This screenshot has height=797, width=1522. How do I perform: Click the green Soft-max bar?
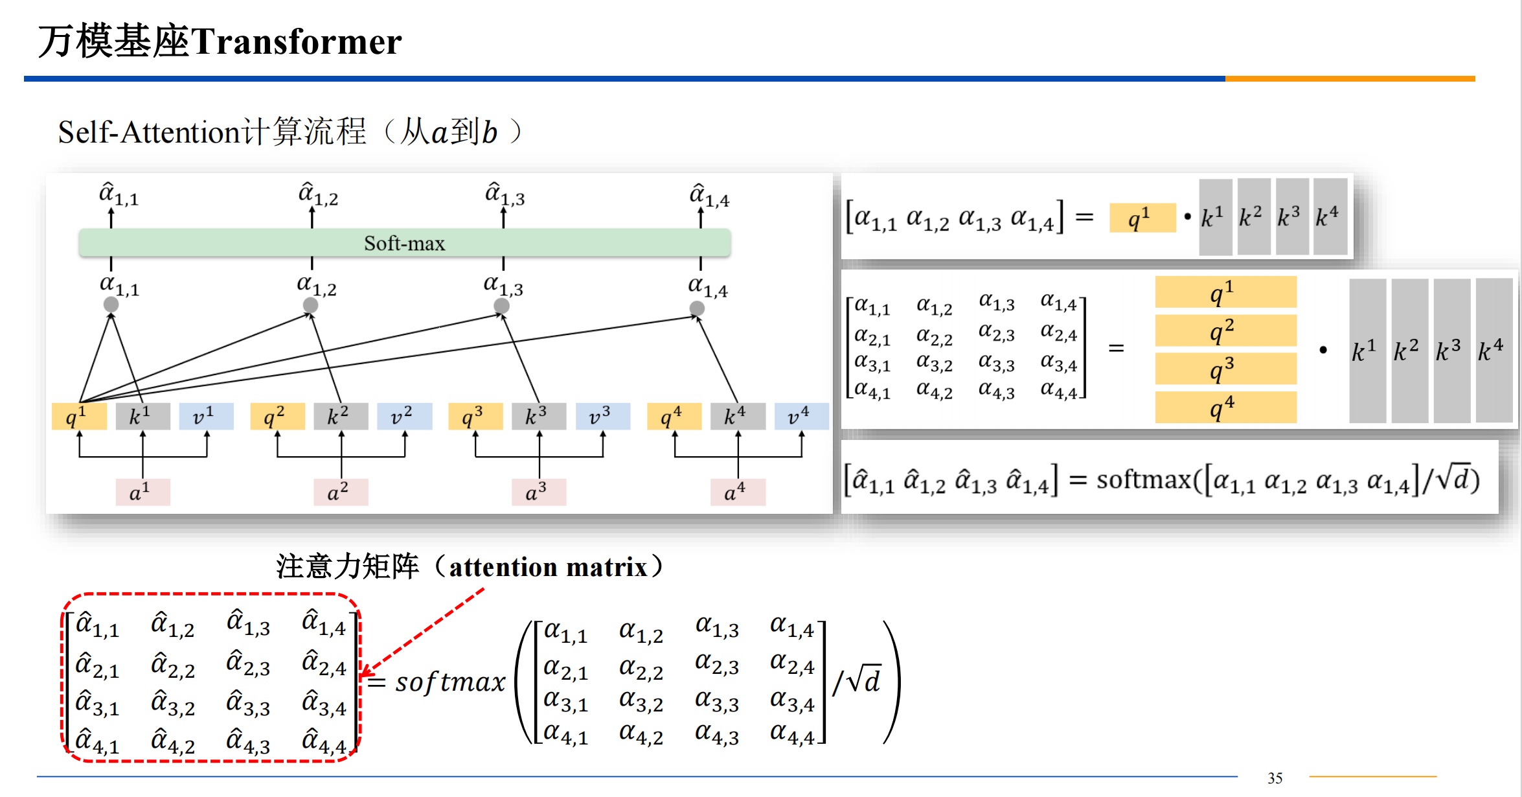[404, 243]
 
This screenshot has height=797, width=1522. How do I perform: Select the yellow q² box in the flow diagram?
[277, 416]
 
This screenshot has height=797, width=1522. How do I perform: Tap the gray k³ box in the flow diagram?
[538, 416]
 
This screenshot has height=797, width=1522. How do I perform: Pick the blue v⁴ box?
[801, 416]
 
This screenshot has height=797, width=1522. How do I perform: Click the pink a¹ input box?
[142, 492]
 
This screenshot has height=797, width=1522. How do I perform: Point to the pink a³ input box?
[538, 492]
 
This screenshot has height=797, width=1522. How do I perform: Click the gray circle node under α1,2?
[311, 305]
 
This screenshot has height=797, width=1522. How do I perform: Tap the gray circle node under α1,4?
[697, 308]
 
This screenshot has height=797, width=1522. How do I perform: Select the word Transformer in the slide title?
[296, 42]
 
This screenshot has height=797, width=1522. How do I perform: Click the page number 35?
[1275, 778]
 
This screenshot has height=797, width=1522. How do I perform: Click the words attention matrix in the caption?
[548, 568]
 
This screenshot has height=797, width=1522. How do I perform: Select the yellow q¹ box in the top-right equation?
[1142, 218]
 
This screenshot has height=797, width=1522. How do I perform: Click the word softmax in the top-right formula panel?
[1143, 480]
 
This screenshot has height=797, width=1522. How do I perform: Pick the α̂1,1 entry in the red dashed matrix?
[97, 625]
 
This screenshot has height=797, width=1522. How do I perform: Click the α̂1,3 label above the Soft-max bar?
[505, 194]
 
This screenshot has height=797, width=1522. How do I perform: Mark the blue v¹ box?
[206, 416]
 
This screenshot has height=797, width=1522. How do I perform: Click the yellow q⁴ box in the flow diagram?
[674, 416]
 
